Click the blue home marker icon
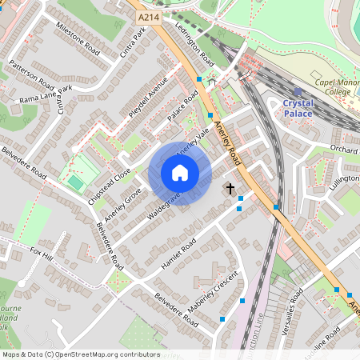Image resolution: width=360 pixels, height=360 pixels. [x=180, y=172]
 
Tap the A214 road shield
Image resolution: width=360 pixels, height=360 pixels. [x=148, y=17]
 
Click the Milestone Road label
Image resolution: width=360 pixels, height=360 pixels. [x=78, y=38]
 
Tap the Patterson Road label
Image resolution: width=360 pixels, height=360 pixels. [x=33, y=74]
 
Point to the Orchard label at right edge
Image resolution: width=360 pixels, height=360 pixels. [x=343, y=150]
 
